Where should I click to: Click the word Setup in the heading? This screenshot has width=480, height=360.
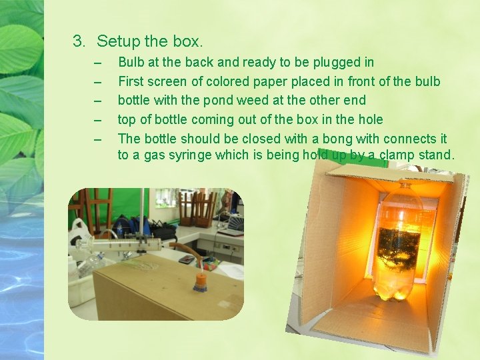point(119,42)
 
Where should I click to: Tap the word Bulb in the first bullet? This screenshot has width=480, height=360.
point(131,62)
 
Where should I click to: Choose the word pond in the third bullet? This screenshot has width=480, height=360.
point(228,101)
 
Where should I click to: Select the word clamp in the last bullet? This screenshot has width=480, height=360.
point(399,156)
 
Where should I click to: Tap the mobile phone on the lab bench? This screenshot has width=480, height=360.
point(187,260)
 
